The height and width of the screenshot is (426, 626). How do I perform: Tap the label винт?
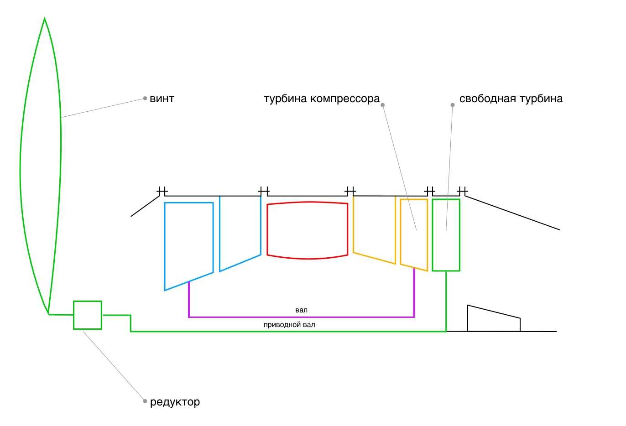(x=162, y=99)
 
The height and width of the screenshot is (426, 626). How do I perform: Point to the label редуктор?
(x=175, y=402)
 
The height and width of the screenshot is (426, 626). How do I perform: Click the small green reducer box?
(x=88, y=315)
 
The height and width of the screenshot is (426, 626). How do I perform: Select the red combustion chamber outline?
(x=307, y=230)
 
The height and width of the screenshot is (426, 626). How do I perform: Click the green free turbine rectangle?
(x=446, y=235)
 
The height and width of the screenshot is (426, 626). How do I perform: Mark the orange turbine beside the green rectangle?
(x=414, y=233)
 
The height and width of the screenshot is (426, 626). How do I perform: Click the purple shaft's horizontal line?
(x=301, y=317)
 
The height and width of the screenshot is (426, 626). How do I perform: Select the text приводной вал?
(x=289, y=325)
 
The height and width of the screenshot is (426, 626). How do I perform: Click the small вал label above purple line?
(x=301, y=310)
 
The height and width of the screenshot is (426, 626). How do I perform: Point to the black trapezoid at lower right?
(x=493, y=320)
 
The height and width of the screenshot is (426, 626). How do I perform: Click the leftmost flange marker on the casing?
(x=162, y=190)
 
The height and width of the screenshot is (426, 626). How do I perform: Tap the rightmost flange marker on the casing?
(x=462, y=190)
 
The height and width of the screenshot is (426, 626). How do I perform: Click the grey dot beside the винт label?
(x=145, y=98)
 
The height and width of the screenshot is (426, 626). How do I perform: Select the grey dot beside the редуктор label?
(x=145, y=401)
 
